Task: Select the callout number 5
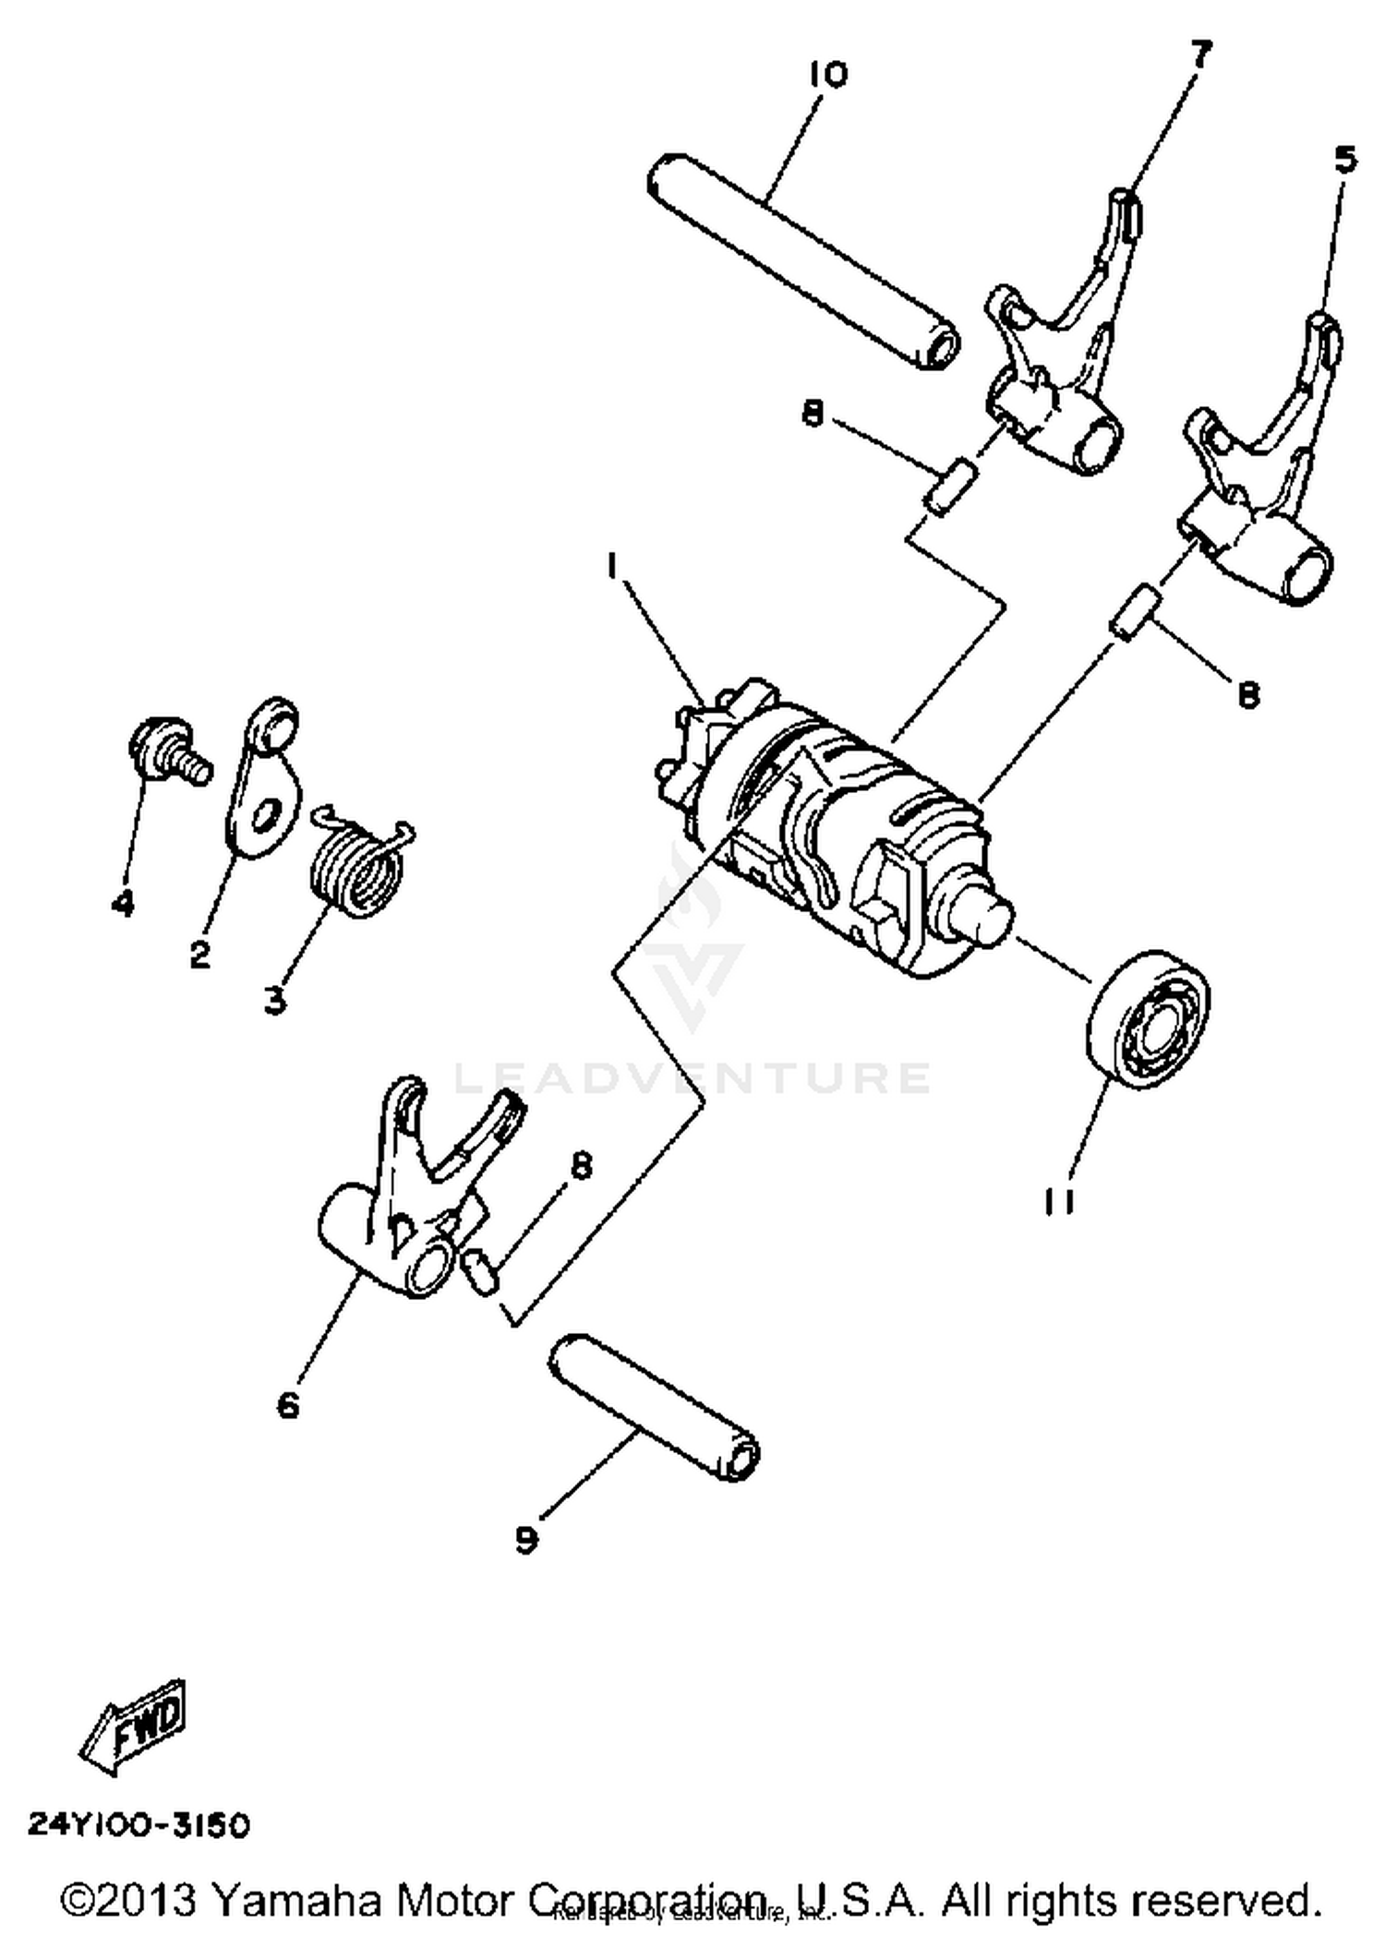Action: click(x=1345, y=161)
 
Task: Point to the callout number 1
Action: click(x=611, y=565)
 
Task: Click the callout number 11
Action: click(x=1060, y=1201)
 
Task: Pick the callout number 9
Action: click(x=526, y=1540)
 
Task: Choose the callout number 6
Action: click(x=288, y=1405)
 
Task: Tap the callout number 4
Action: click(x=123, y=903)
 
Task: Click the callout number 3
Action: click(x=274, y=1001)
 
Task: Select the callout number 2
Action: click(x=200, y=955)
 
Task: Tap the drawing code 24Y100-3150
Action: click(x=138, y=1825)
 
